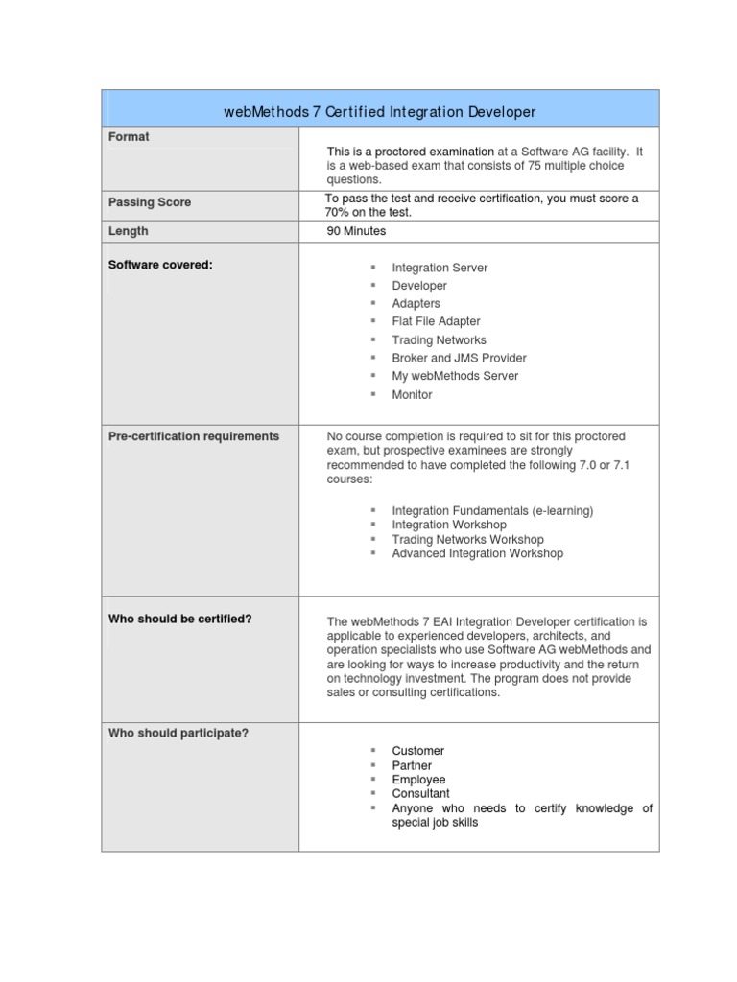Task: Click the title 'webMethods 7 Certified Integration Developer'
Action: coord(379,112)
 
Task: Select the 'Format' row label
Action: coord(129,137)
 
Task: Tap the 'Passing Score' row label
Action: coord(149,202)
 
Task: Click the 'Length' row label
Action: coord(129,231)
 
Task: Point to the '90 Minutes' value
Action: coord(356,231)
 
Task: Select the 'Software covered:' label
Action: coord(160,265)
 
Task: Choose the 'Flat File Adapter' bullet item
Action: coord(436,321)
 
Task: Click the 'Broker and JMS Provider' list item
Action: coord(459,358)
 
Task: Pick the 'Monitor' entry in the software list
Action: coord(412,394)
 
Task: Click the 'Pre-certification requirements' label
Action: coord(194,436)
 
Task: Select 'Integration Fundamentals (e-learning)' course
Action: coord(492,511)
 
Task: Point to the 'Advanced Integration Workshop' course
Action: coord(477,553)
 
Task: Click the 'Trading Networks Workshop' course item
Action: coord(467,539)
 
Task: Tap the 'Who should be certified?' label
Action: coord(180,619)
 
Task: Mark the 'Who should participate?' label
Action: coord(178,734)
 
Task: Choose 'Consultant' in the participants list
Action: coord(420,794)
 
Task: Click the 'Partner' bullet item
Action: coord(412,765)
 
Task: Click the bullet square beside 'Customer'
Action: coord(372,751)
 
